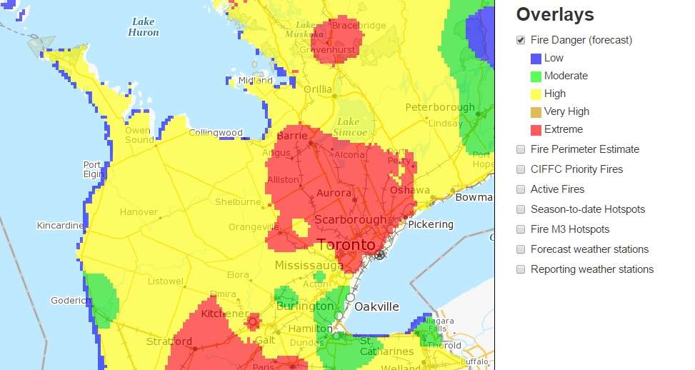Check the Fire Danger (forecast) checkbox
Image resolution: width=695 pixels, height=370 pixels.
[x=521, y=40]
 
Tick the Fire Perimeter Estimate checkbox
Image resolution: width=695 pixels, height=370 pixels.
[x=521, y=149]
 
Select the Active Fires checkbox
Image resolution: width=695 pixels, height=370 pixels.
[x=521, y=189]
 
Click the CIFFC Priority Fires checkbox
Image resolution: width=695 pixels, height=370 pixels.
[x=521, y=169]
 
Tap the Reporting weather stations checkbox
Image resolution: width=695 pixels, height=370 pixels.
[x=521, y=269]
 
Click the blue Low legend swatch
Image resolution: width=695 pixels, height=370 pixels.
[x=536, y=59]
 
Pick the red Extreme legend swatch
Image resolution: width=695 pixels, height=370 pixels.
[x=536, y=129]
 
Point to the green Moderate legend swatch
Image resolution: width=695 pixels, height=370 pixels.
[x=536, y=76]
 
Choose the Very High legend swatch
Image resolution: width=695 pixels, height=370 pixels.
[x=536, y=111]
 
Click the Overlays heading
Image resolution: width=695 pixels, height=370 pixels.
[x=555, y=15]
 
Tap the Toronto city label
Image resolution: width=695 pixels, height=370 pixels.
[x=346, y=245]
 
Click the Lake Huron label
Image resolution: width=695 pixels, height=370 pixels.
[x=143, y=27]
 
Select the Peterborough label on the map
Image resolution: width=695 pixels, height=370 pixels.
[x=439, y=107]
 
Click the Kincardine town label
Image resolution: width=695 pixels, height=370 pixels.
[x=61, y=226]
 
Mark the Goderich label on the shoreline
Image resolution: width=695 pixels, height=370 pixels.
[x=69, y=301]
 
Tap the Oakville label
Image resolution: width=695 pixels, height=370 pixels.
[x=376, y=306]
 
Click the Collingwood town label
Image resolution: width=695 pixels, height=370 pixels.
[x=215, y=133]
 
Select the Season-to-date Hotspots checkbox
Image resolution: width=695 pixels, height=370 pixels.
[x=521, y=209]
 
